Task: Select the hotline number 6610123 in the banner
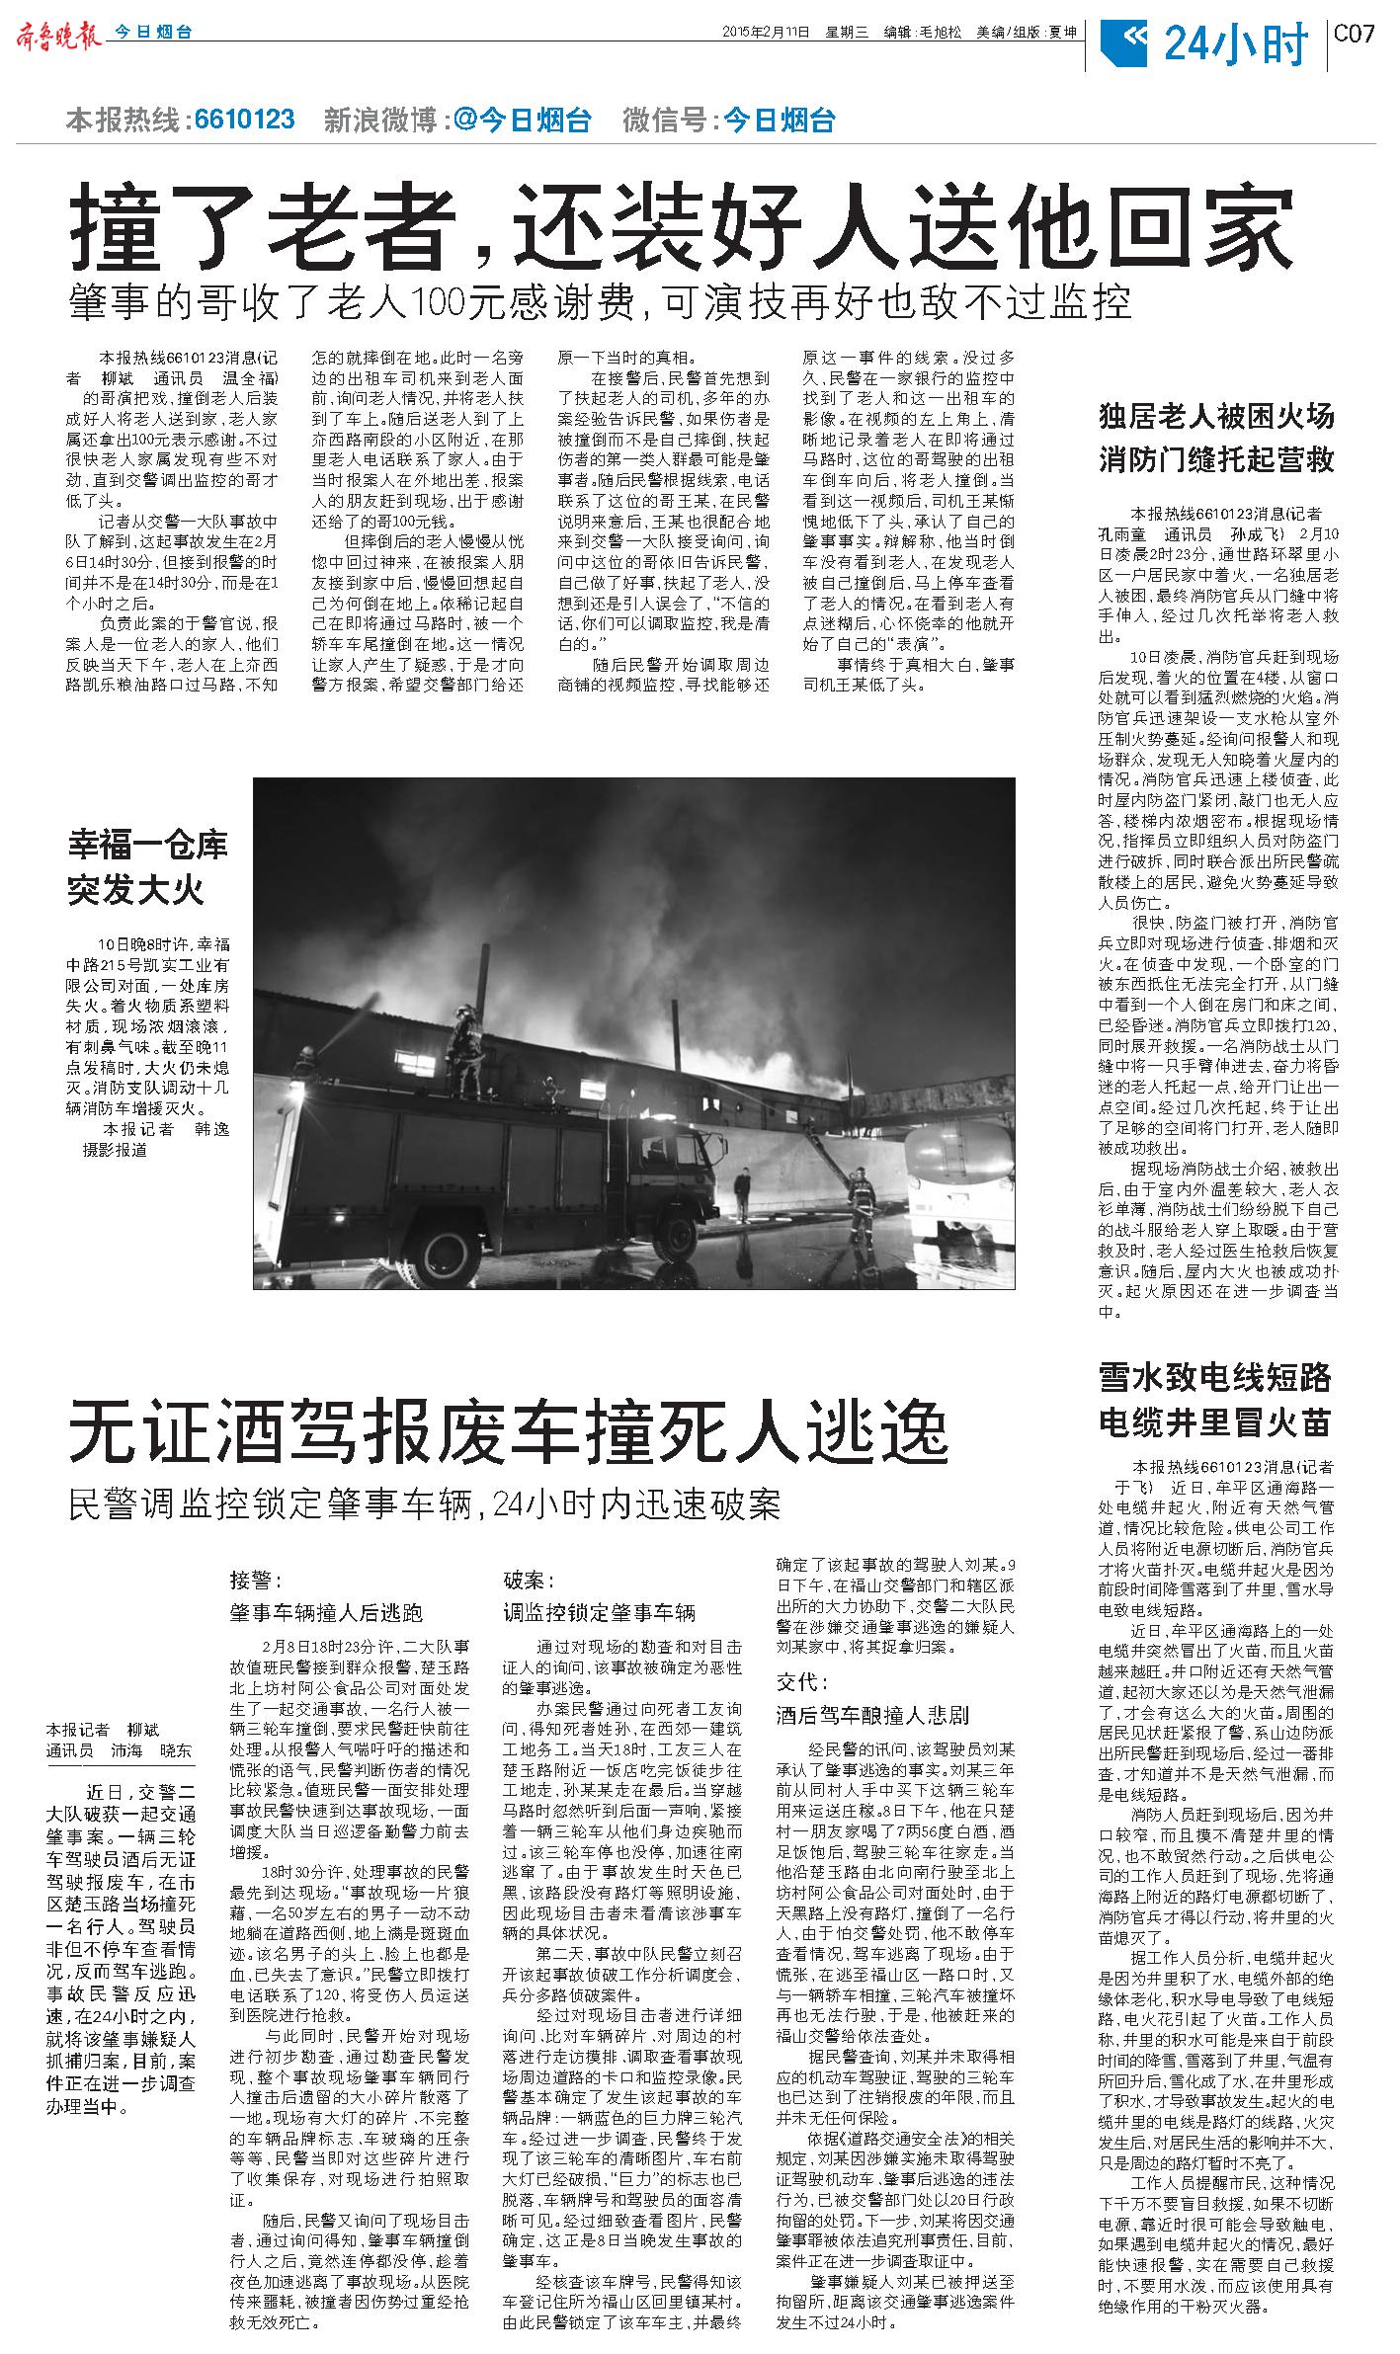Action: point(245,121)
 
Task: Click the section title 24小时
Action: point(1235,44)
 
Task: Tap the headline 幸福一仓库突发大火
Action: point(147,867)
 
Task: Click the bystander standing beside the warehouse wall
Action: point(741,1194)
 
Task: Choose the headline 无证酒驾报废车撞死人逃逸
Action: point(508,1433)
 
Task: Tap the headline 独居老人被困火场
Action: point(1216,416)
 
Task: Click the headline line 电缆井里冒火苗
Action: point(1216,1423)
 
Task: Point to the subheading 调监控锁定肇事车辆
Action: point(600,1613)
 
